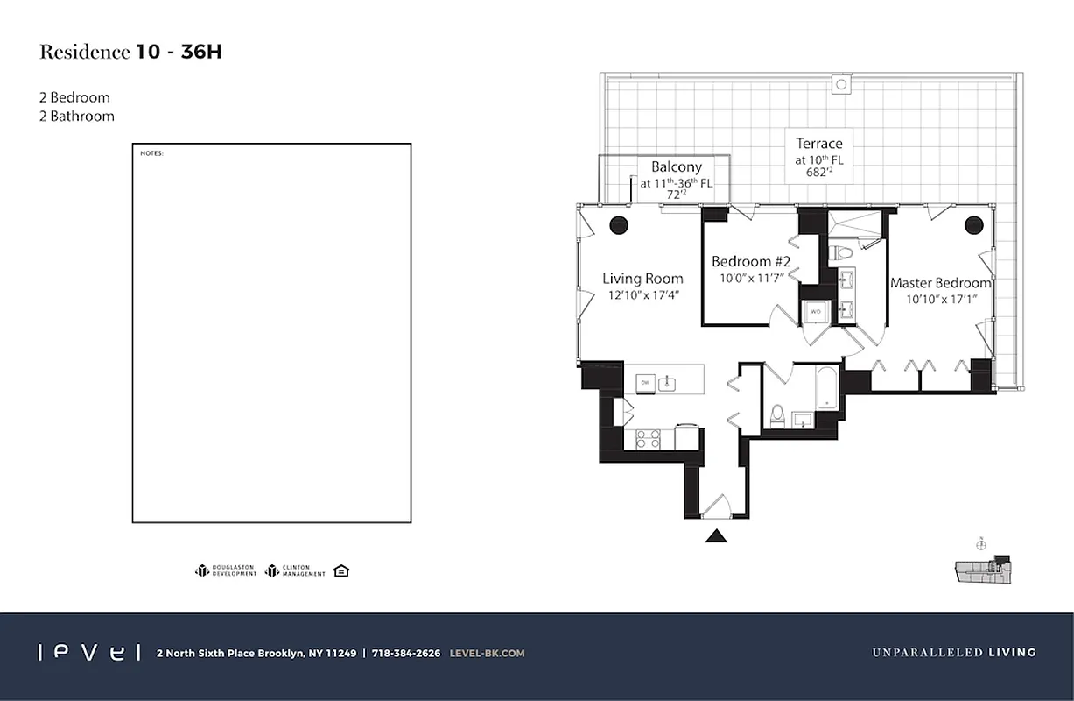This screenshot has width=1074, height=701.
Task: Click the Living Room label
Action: point(642,279)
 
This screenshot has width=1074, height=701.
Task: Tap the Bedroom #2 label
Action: point(751,261)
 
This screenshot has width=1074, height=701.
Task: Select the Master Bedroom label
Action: point(940,283)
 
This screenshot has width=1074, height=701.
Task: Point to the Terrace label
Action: point(818,143)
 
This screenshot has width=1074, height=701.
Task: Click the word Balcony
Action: point(676,166)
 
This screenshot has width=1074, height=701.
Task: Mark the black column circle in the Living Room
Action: point(619,223)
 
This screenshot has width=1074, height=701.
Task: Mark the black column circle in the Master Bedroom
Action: point(974,225)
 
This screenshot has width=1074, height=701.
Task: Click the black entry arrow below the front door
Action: point(717,535)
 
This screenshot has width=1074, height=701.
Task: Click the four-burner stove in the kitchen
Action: point(648,438)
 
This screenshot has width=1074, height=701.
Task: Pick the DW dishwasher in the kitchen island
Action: point(644,383)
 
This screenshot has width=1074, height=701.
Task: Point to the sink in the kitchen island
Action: point(667,383)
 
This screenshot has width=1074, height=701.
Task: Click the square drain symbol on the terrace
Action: point(841,85)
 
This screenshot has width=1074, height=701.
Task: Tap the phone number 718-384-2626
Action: point(405,653)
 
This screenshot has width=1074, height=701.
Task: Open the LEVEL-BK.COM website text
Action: point(487,653)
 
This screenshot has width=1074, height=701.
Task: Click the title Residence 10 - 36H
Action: point(130,52)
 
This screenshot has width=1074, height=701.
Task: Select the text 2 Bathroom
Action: point(77,116)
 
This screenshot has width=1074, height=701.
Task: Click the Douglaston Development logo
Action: point(226,571)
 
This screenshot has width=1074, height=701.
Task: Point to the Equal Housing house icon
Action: point(341,571)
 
